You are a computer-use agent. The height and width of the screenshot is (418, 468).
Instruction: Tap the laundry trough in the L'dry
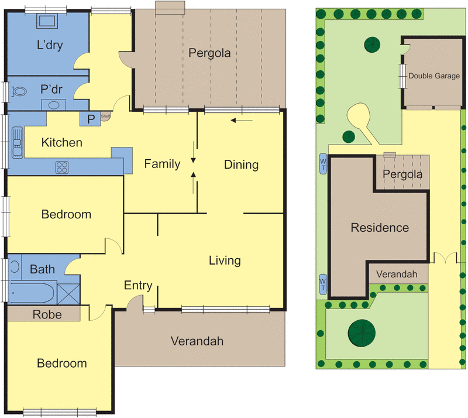pyautogui.click(x=47, y=22)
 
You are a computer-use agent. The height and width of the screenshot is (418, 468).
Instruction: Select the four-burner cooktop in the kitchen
pyautogui.click(x=62, y=167)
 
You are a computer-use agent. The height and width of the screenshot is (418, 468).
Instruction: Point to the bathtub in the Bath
pyautogui.click(x=32, y=292)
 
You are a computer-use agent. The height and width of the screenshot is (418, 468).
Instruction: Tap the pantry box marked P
pyautogui.click(x=90, y=119)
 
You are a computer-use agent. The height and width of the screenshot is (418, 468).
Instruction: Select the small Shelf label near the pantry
pyautogui.click(x=105, y=117)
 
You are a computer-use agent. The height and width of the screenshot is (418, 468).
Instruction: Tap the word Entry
pyautogui.click(x=139, y=286)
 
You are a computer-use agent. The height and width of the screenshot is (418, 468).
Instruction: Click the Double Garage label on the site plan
pyautogui.click(x=434, y=76)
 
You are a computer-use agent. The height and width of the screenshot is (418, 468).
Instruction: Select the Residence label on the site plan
pyautogui.click(x=380, y=227)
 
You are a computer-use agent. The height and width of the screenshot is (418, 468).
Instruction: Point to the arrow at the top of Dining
pyautogui.click(x=242, y=121)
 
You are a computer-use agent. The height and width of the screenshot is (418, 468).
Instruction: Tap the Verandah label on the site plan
pyautogui.click(x=396, y=274)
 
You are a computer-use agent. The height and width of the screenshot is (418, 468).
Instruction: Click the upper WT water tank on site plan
pyautogui.click(x=323, y=165)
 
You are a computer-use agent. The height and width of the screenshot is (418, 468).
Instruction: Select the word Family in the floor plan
pyautogui.click(x=162, y=164)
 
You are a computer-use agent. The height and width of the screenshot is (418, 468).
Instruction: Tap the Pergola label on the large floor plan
pyautogui.click(x=209, y=53)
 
